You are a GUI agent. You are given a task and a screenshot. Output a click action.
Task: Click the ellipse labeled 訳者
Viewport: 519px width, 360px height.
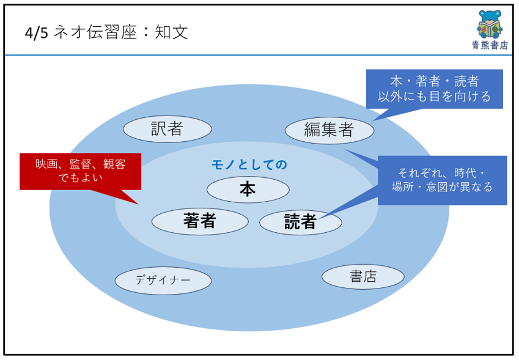point(167,129)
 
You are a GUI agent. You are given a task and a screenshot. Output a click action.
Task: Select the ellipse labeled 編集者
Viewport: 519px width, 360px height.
point(329,130)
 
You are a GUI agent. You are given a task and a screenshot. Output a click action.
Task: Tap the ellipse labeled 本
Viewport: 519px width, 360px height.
point(248,189)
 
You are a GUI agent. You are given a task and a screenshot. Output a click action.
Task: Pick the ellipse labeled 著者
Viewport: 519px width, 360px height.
point(200,221)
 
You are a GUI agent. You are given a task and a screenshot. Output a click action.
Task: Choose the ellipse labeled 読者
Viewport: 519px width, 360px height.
point(300,222)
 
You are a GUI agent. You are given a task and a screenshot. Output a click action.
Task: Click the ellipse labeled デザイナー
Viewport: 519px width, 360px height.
point(163,281)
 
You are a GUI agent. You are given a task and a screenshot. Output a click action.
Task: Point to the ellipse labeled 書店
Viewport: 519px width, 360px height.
point(363,277)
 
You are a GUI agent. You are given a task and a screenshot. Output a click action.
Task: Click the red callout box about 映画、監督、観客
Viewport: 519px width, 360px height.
point(80,171)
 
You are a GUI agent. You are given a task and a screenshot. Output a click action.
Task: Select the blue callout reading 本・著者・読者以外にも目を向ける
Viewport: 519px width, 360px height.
point(434,89)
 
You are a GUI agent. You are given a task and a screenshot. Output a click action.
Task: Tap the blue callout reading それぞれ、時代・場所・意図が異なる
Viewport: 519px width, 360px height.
point(442,180)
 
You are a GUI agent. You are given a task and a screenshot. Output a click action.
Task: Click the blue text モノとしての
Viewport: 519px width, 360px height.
point(249,164)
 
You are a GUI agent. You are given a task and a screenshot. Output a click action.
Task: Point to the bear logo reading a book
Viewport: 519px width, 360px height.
point(490,24)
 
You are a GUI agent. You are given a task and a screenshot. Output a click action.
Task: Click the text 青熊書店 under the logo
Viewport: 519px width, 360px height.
point(490,45)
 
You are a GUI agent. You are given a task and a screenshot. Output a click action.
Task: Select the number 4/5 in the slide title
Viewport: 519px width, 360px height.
point(36,33)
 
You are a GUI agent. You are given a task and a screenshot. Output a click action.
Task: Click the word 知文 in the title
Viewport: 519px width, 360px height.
point(171,32)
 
